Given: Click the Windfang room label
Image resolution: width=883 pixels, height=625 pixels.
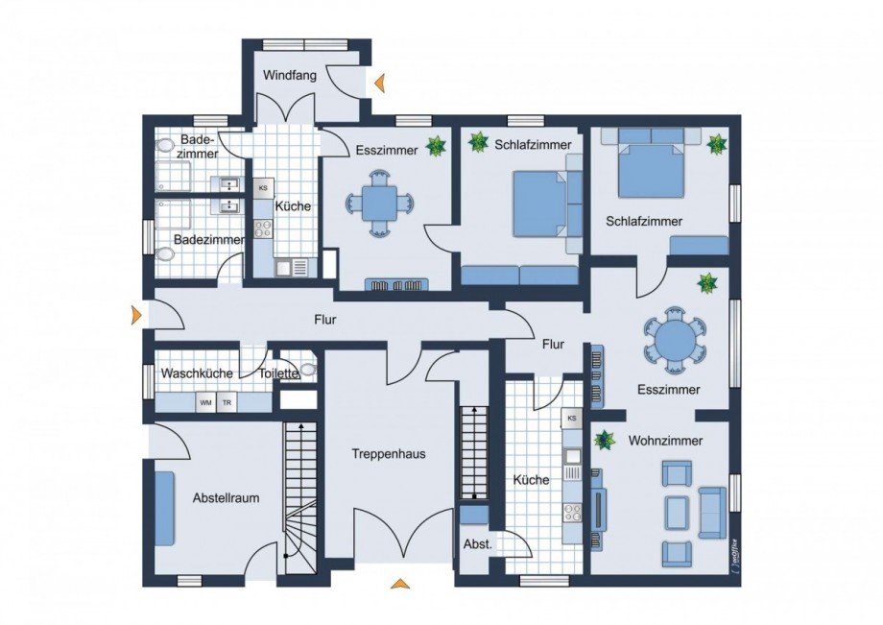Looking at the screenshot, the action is tap(290, 75).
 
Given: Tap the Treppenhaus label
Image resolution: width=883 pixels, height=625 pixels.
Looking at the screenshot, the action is tap(389, 454).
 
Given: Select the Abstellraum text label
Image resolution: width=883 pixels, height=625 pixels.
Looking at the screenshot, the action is tap(226, 497).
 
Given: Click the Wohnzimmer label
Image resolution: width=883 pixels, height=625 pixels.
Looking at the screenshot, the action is tap(666, 441).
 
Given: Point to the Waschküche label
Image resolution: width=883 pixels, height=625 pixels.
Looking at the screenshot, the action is tap(197, 373).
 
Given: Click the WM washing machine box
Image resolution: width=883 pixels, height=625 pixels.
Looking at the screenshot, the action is tap(205, 403).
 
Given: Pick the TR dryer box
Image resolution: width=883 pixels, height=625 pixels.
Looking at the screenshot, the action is tap(227, 403).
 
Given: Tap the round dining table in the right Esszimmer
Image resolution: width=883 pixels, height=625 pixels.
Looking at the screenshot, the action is tap(675, 340).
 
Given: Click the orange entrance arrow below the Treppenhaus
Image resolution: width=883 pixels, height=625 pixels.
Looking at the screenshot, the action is tap(400, 584).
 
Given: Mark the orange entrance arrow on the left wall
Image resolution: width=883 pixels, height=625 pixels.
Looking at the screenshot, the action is tap(135, 315).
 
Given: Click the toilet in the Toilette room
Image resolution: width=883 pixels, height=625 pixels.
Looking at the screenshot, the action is tap(307, 370).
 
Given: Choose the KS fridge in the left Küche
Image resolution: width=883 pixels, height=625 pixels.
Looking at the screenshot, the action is tap(263, 188).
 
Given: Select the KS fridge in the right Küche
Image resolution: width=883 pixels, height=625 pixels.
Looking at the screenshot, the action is tap(572, 419).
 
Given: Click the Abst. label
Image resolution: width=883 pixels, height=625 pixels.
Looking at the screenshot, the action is tap(478, 544).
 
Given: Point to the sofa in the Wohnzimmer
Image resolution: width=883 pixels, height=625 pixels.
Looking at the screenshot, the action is tap(713, 512).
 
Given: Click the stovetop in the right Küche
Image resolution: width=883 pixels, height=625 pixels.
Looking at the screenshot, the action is tap(573, 512).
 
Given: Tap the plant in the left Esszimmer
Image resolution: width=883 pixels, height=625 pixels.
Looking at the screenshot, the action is tap(436, 146).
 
